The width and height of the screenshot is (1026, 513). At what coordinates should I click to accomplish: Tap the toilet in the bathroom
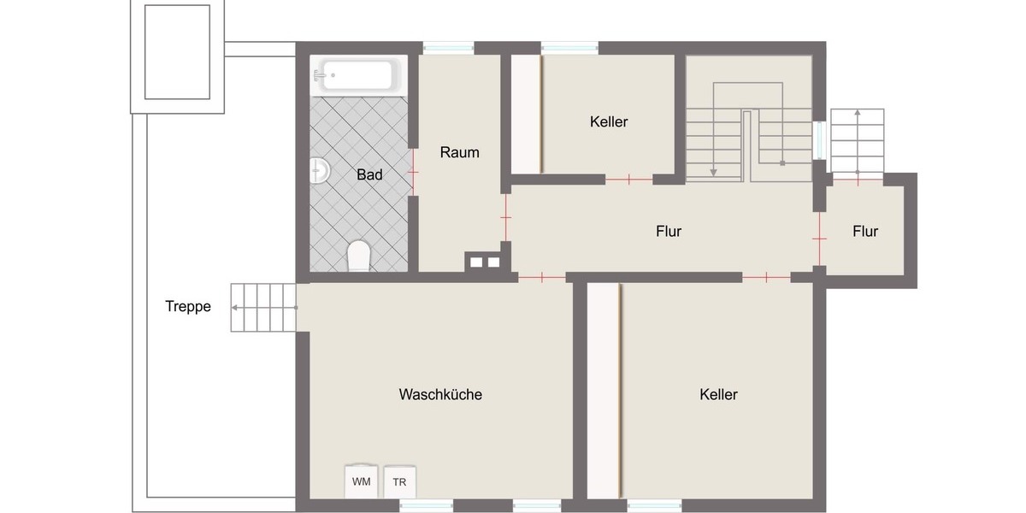pyautogui.click(x=359, y=256)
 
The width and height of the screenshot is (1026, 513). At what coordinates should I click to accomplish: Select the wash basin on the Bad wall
pyautogui.click(x=320, y=170)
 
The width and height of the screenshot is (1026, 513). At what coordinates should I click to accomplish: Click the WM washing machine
pyautogui.click(x=362, y=481)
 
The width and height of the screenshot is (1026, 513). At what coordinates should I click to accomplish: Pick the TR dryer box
pyautogui.click(x=399, y=481)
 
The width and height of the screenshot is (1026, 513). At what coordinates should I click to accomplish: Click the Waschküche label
pyautogui.click(x=440, y=394)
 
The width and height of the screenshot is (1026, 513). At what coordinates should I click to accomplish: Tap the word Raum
pyautogui.click(x=459, y=152)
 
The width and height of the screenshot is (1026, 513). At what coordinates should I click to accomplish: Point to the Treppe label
pyautogui.click(x=188, y=306)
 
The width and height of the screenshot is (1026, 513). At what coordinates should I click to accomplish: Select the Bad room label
pyautogui.click(x=369, y=174)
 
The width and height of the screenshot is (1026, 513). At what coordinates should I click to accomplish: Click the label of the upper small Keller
pyautogui.click(x=609, y=121)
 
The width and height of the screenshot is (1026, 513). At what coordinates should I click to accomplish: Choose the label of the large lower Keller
pyautogui.click(x=718, y=394)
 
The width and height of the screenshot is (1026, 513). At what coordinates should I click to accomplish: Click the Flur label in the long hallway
pyautogui.click(x=669, y=231)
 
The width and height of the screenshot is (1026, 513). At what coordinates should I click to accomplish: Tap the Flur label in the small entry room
pyautogui.click(x=865, y=231)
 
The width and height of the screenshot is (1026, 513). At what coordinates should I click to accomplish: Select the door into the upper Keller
pyautogui.click(x=629, y=180)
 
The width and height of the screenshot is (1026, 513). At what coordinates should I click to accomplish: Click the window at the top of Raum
pyautogui.click(x=448, y=48)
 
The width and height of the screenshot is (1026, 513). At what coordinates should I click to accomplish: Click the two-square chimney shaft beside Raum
pyautogui.click(x=485, y=262)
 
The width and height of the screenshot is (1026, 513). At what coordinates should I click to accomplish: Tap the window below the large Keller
pyautogui.click(x=655, y=505)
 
